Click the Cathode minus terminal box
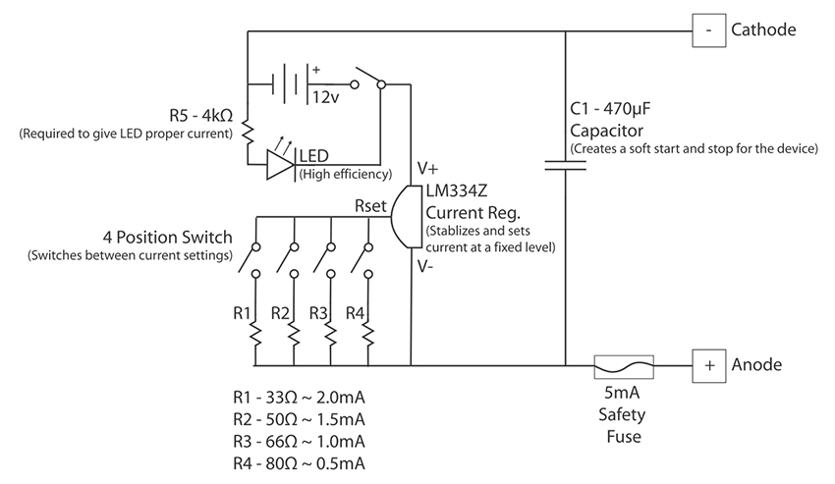click(x=707, y=30)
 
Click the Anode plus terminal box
click(x=707, y=364)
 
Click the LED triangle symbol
click(x=282, y=164)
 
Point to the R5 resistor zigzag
click(x=248, y=131)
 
